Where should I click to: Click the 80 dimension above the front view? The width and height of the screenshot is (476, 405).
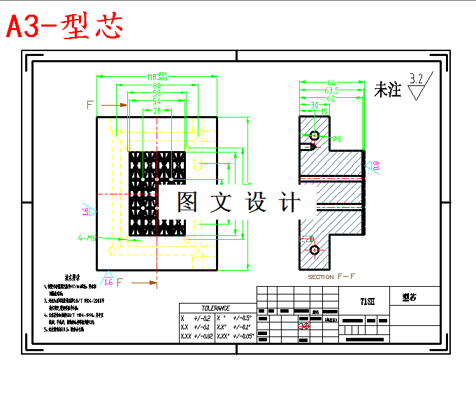[x=157, y=85]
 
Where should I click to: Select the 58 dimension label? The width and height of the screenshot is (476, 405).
[x=157, y=93]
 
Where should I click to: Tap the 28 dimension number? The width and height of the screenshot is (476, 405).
[x=157, y=111]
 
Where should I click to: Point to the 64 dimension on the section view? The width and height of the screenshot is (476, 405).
[x=331, y=83]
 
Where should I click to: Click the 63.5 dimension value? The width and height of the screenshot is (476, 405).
[x=331, y=91]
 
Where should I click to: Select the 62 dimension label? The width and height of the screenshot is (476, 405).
[x=331, y=99]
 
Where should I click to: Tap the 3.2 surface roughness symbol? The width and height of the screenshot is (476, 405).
[x=417, y=79]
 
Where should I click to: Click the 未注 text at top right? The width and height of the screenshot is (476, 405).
[x=388, y=90]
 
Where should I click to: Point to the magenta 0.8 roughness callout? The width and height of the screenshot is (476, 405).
[x=375, y=166]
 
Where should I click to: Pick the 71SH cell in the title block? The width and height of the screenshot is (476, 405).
[x=367, y=301]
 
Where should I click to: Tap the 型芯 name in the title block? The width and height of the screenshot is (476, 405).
[x=409, y=297]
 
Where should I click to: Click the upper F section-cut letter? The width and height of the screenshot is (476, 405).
[x=90, y=105]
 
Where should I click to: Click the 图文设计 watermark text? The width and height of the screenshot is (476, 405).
[x=238, y=203]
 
